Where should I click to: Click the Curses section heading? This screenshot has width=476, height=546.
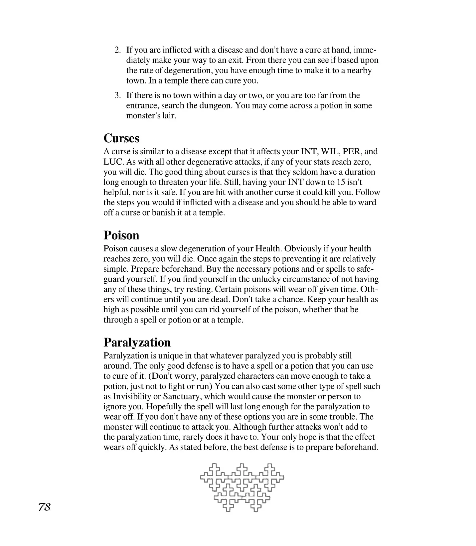pyautogui.click(x=121, y=138)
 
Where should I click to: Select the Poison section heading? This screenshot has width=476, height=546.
pyautogui.click(x=121, y=235)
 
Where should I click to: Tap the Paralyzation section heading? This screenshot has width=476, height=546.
pyautogui.click(x=137, y=342)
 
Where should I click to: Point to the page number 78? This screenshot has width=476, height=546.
pyautogui.click(x=44, y=507)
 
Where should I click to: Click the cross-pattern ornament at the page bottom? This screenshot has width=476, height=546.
pyautogui.click(x=242, y=487)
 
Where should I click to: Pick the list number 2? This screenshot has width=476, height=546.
pyautogui.click(x=117, y=50)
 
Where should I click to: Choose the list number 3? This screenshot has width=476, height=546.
pyautogui.click(x=117, y=95)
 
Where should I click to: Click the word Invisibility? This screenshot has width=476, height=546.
pyautogui.click(x=134, y=396)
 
